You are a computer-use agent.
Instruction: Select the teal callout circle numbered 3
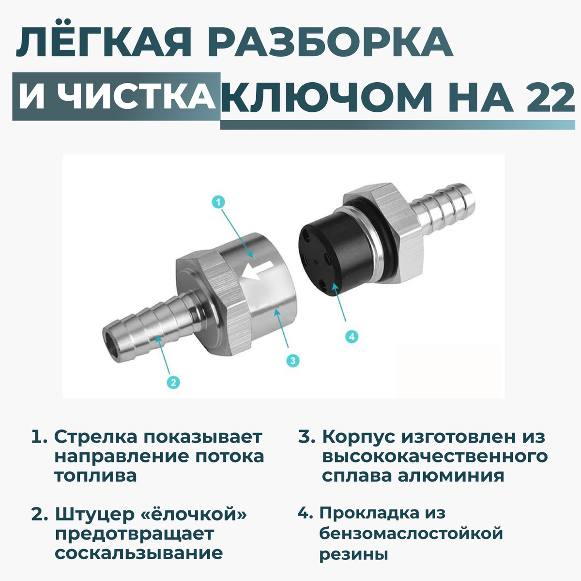(292, 360)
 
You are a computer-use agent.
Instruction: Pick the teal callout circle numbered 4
(352, 336)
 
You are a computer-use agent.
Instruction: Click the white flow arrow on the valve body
(258, 272)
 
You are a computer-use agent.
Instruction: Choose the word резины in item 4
(353, 555)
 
